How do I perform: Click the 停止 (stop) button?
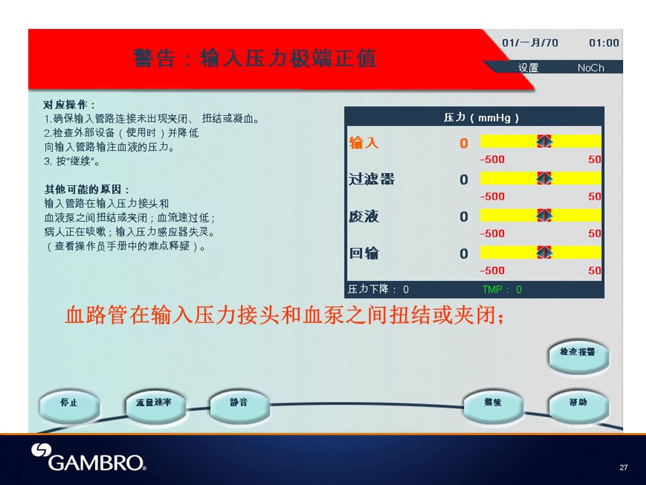point(69,406)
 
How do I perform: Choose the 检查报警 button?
point(579,356)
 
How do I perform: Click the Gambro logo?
point(89,457)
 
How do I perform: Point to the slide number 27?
point(623,467)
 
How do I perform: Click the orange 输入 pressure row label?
point(363,143)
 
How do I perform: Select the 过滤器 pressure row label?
point(371,179)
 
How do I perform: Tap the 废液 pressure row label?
point(363,216)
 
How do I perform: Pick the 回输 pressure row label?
point(363,253)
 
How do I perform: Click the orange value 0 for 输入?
point(464,143)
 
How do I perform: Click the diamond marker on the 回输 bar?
point(544,252)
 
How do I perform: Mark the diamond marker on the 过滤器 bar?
point(544,178)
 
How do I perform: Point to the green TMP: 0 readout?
point(502,290)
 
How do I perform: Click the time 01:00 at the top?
point(604,43)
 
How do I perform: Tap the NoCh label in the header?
point(591,67)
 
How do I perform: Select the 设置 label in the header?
point(528,67)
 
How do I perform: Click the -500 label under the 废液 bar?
point(493,234)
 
